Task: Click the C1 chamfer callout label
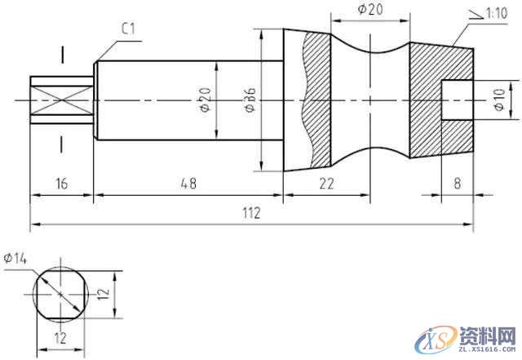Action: coord(128,29)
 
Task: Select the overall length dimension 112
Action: coord(251,213)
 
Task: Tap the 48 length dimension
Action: coord(188,184)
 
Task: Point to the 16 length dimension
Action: coord(62,184)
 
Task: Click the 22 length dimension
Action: coord(326,184)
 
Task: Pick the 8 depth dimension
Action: coord(458,184)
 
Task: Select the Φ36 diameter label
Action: coord(250,99)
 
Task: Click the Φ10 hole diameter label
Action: coord(500,100)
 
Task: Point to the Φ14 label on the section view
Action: coord(15,258)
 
